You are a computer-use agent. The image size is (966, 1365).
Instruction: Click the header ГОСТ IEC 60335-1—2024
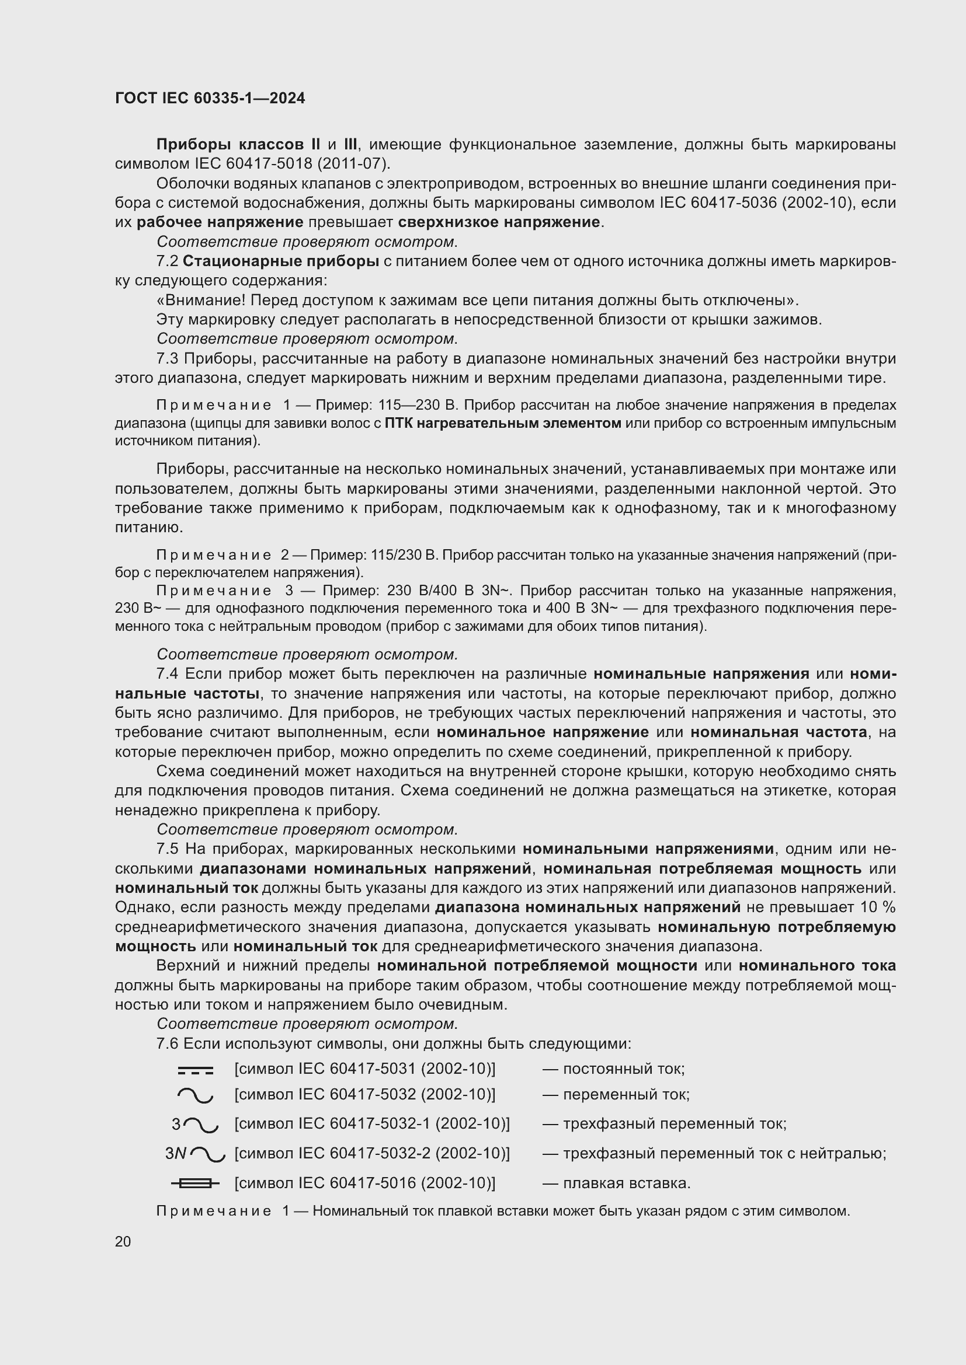click(210, 98)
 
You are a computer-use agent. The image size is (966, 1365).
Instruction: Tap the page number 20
click(123, 1241)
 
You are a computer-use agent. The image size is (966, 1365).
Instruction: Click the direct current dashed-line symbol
click(195, 1071)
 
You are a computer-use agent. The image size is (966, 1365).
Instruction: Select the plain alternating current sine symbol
click(195, 1095)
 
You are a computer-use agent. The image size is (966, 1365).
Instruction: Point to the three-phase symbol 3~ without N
click(195, 1124)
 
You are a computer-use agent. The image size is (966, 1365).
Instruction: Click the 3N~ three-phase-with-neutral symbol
click(195, 1154)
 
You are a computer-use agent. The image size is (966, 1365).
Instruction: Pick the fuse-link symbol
click(195, 1183)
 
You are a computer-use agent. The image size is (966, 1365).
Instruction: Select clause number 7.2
click(167, 261)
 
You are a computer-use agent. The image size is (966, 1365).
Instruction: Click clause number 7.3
click(167, 358)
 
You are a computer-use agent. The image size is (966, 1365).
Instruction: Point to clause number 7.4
click(167, 673)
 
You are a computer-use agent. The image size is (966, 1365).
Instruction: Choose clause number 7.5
click(167, 849)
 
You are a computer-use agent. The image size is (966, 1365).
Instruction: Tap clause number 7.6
click(167, 1043)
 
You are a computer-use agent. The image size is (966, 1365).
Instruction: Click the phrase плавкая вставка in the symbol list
click(626, 1183)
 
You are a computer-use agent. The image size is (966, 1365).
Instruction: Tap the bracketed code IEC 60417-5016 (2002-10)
click(364, 1183)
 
